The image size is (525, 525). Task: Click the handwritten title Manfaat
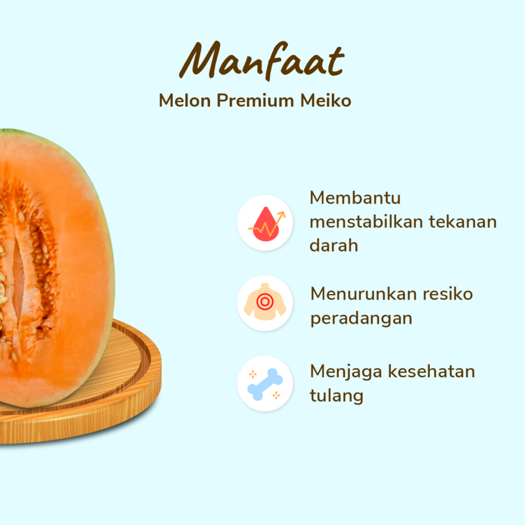point(261,60)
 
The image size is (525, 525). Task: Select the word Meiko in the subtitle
point(325,101)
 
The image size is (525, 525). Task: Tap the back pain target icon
point(264,302)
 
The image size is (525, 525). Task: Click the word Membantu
point(355,198)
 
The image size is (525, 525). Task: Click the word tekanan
point(463,222)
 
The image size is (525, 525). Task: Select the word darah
point(334,246)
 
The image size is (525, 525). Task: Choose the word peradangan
point(361,318)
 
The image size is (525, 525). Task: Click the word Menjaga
point(345,372)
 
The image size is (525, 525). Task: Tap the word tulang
point(337,396)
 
